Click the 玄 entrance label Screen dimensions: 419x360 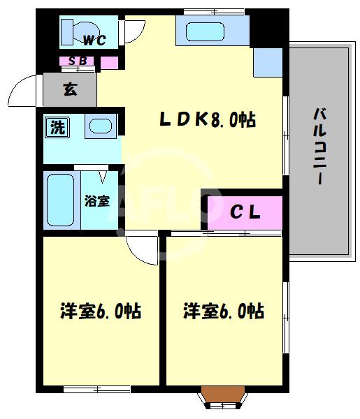pyautogui.click(x=70, y=89)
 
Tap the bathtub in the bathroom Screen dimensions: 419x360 pyautogui.click(x=60, y=200)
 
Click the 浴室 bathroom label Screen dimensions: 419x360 pyautogui.click(x=97, y=201)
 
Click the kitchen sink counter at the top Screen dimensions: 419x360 pyautogui.click(x=212, y=31)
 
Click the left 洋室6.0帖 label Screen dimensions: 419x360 pyautogui.click(x=101, y=311)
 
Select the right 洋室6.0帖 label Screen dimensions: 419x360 pyautogui.click(x=224, y=311)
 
